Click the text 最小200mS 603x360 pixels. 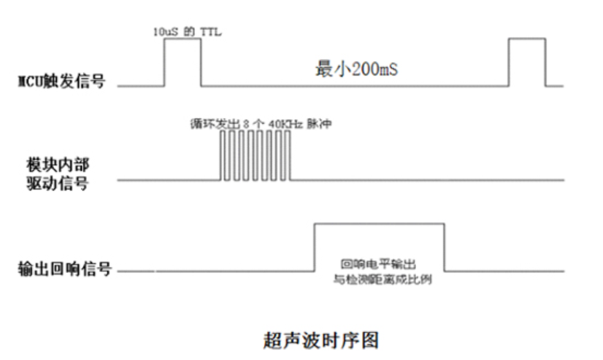point(357,72)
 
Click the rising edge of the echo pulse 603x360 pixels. point(315,248)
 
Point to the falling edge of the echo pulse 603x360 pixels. point(444,248)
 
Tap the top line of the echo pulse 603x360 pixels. point(380,224)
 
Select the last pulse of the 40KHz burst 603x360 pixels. point(289,156)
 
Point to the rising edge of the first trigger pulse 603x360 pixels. point(164,62)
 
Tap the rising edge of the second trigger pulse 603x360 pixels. point(510,62)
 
